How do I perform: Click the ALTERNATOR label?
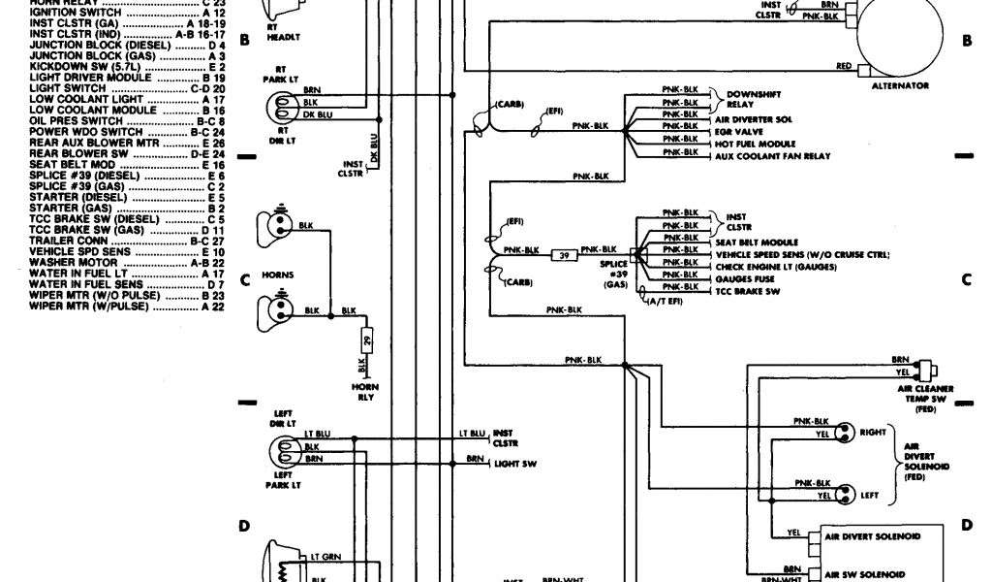(901, 85)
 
